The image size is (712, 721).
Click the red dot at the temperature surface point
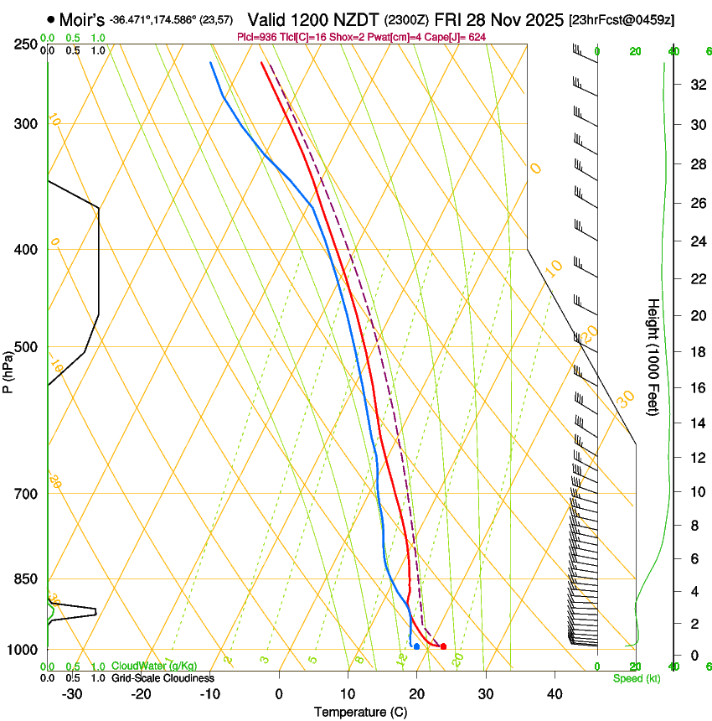click(x=443, y=646)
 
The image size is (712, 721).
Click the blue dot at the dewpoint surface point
click(x=416, y=646)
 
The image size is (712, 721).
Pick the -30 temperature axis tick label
click(x=72, y=694)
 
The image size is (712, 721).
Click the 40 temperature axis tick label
click(x=555, y=694)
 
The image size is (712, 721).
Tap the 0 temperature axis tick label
click(x=279, y=694)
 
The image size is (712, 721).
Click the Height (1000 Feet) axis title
click(x=653, y=357)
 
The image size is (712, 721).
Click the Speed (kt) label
click(x=637, y=678)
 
